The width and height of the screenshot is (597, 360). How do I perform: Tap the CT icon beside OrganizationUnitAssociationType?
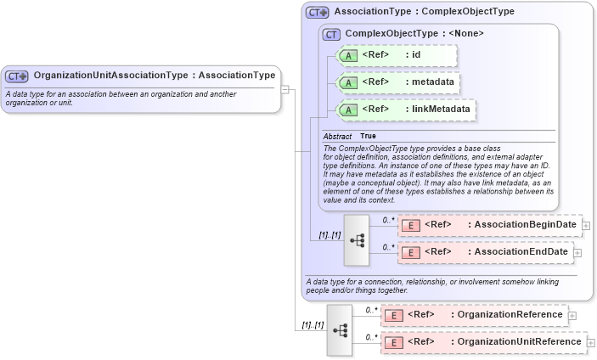tap(17, 76)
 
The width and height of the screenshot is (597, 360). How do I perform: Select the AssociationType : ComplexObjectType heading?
tap(424, 13)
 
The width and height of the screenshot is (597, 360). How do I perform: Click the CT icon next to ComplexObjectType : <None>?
tap(331, 34)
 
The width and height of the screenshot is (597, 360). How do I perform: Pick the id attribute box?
tap(397, 56)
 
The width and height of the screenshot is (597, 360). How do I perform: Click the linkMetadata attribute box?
tap(406, 110)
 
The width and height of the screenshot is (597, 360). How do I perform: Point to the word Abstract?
tap(337, 136)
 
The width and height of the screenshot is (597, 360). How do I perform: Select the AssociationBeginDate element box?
tap(489, 225)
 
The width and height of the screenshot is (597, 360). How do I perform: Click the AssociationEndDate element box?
tap(485, 252)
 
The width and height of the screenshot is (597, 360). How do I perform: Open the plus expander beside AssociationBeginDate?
tap(586, 225)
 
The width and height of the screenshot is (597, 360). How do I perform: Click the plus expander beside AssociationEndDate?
tap(578, 252)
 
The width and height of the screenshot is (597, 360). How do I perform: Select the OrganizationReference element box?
tap(474, 315)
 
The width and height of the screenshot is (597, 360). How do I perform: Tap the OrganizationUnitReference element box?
tap(482, 342)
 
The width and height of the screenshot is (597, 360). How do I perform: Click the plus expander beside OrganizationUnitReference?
tap(591, 342)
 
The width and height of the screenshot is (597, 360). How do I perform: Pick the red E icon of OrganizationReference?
tap(393, 315)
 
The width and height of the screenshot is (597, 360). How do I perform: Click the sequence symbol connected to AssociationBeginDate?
tap(357, 240)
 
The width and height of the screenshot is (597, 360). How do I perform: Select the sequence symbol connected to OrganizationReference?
tap(339, 329)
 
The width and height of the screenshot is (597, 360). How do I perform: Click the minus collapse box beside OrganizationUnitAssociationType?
tap(286, 88)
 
